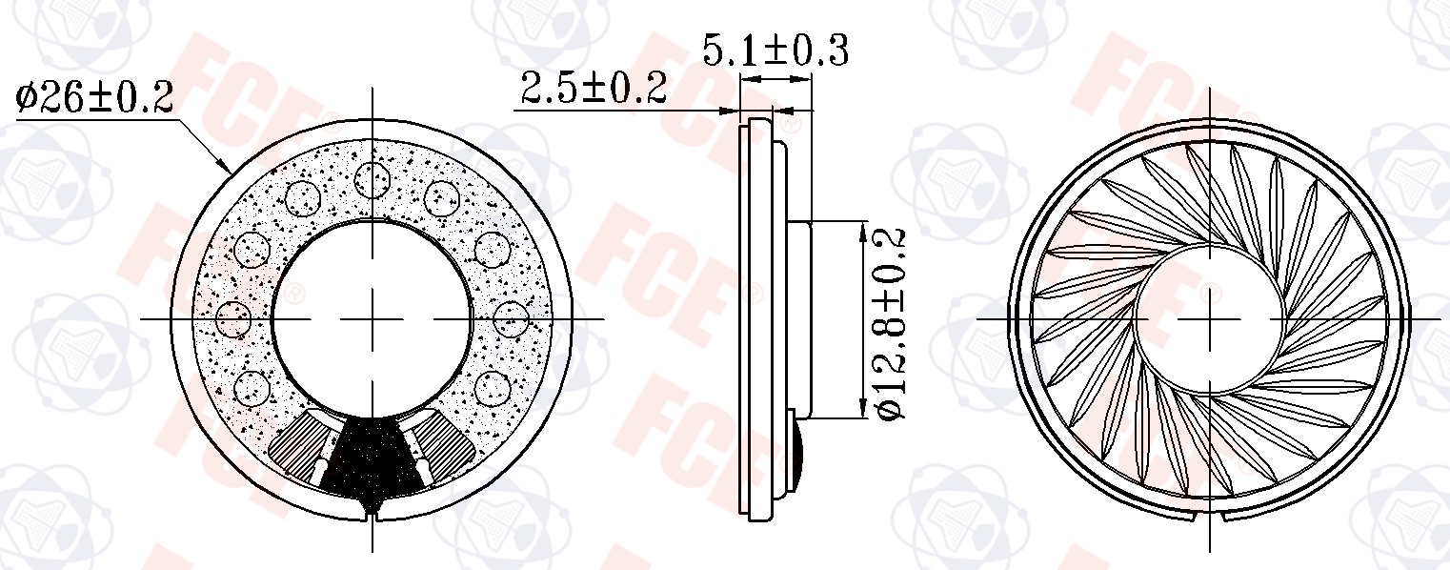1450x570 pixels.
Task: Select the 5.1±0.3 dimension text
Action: [x=775, y=51]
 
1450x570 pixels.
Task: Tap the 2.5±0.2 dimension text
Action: [x=594, y=88]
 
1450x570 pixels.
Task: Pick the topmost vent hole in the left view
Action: [x=373, y=179]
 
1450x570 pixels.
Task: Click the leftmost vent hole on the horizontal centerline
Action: [x=233, y=318]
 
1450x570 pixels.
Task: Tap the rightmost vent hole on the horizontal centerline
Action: [x=512, y=318]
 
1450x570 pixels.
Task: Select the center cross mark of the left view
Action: [x=373, y=318]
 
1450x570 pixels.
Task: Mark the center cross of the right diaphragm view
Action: [x=1209, y=318]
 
